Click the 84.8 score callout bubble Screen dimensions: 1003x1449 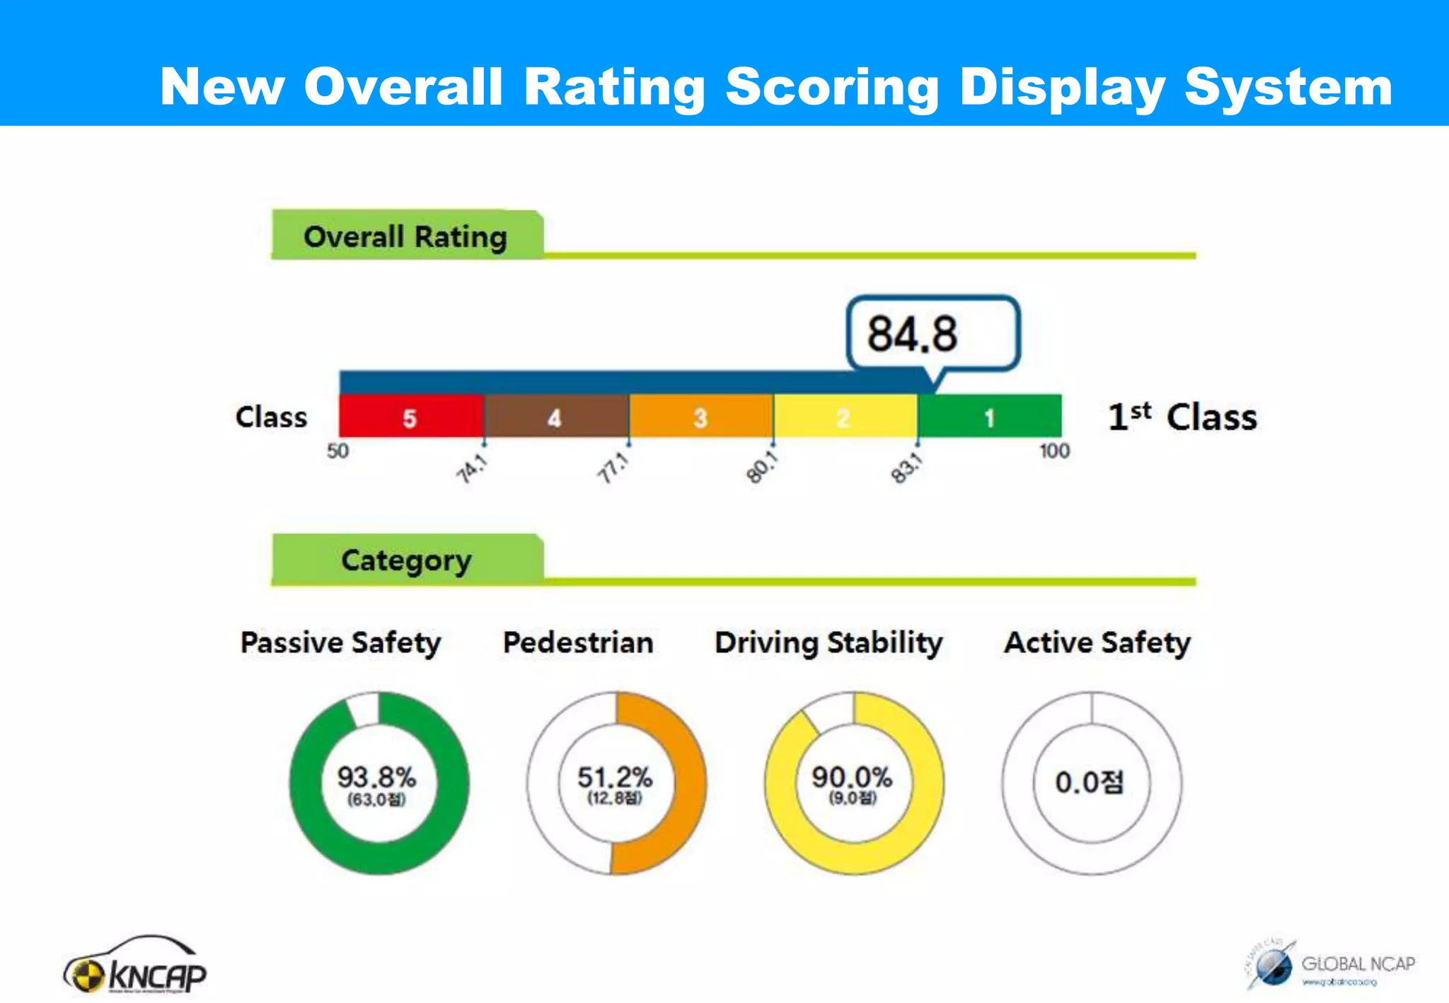click(933, 333)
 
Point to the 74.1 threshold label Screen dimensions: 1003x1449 click(471, 469)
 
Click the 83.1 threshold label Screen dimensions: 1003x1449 click(906, 469)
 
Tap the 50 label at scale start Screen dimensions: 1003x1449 click(337, 451)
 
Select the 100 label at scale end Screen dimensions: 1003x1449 click(1053, 451)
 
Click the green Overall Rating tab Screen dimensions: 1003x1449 click(406, 236)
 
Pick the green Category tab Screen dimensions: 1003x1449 click(406, 560)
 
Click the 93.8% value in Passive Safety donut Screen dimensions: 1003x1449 click(376, 777)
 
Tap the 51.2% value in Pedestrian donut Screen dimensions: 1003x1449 click(615, 777)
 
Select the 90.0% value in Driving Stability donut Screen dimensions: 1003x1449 click(852, 777)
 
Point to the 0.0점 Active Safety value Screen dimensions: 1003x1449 click(1090, 782)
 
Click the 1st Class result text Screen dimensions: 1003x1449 click(1182, 417)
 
